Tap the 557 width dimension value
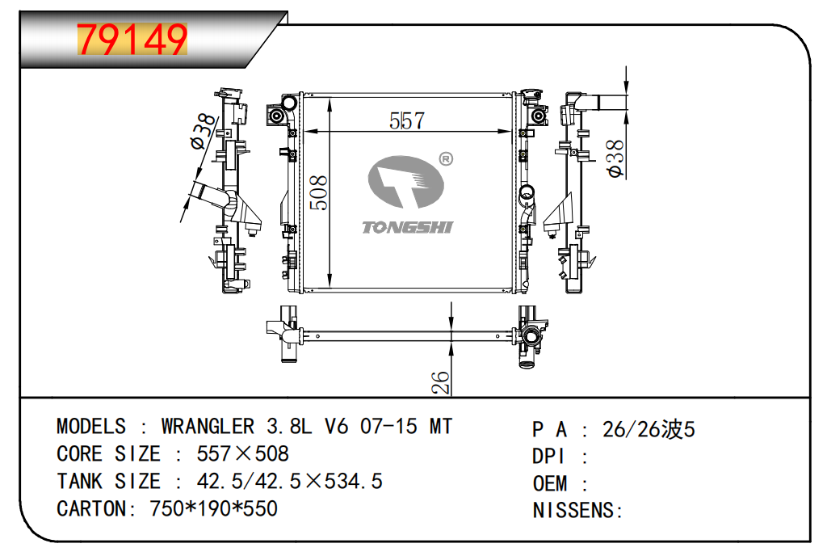click(407, 120)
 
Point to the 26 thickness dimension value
click(440, 382)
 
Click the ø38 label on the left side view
click(204, 132)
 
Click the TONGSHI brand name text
click(407, 226)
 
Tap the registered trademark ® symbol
click(444, 158)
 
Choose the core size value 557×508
click(242, 453)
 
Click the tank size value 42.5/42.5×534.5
click(290, 482)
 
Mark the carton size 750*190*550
click(213, 509)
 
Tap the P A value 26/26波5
click(649, 429)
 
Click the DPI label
click(549, 457)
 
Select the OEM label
click(550, 483)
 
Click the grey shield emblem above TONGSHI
click(405, 183)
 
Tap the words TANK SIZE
click(108, 482)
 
